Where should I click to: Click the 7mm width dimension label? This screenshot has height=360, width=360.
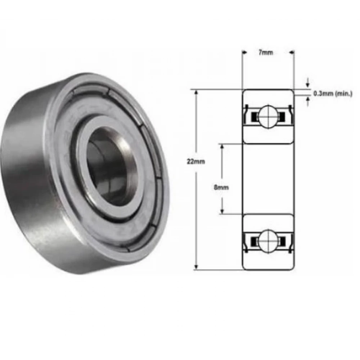pyautogui.click(x=266, y=53)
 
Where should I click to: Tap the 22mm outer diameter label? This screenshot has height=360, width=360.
pyautogui.click(x=195, y=161)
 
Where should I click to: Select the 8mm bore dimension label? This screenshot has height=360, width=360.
pyautogui.click(x=221, y=188)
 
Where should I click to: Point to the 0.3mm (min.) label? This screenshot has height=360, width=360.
pyautogui.click(x=333, y=94)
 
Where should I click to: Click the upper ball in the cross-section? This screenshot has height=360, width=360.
pyautogui.click(x=268, y=117)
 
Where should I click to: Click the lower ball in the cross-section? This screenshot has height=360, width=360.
pyautogui.click(x=268, y=241)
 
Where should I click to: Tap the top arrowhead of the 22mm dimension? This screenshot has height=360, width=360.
pyautogui.click(x=196, y=92)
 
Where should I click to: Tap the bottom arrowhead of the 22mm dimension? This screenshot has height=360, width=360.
pyautogui.click(x=196, y=267)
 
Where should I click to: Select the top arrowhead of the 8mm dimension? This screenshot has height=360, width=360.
pyautogui.click(x=222, y=147)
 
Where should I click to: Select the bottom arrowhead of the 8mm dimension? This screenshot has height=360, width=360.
pyautogui.click(x=222, y=211)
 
